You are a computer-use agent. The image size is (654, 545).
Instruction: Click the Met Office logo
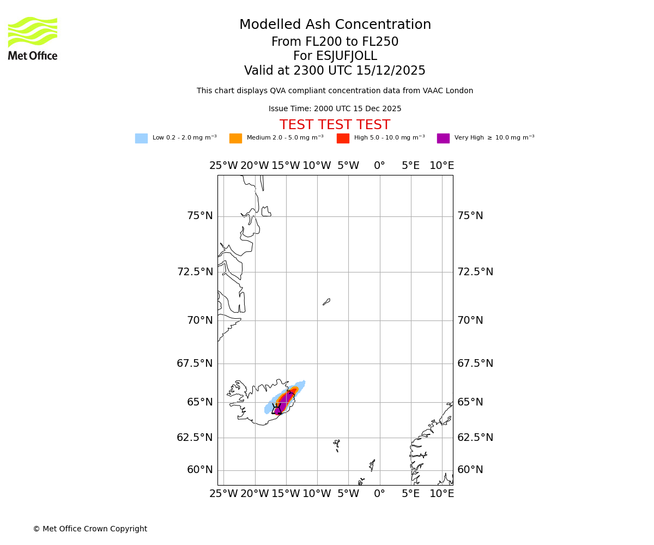tap(33, 38)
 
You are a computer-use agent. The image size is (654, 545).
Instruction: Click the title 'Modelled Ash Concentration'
tap(335, 25)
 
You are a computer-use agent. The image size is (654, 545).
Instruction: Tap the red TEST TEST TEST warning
tap(335, 125)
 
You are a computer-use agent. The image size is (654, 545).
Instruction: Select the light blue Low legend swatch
tap(141, 138)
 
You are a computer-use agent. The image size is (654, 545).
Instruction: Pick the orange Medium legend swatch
tap(235, 138)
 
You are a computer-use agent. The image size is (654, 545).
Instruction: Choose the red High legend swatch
tap(343, 138)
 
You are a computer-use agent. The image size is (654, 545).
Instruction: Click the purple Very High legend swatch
tap(443, 138)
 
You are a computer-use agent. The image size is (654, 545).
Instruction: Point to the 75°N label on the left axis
tap(199, 216)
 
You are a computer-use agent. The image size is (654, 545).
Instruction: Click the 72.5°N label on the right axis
tap(475, 272)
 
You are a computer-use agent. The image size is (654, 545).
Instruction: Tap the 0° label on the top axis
tap(379, 166)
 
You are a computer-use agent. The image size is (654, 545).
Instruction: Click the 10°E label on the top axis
tap(441, 166)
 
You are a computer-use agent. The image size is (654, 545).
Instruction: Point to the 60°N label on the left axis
tap(199, 470)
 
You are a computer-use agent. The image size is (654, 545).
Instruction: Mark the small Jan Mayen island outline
tap(326, 301)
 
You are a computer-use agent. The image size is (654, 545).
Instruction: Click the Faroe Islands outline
tap(337, 445)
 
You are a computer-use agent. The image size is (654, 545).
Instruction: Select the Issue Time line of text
tap(335, 109)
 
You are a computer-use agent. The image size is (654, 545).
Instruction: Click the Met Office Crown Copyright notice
tap(90, 529)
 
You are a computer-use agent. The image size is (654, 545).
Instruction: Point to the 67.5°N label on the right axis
tap(475, 364)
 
